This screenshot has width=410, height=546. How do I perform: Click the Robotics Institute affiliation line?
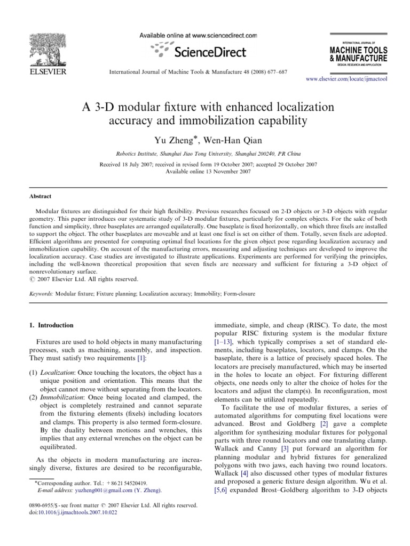click(x=205, y=151)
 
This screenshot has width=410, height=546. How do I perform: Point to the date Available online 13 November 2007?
click(x=205, y=171)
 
